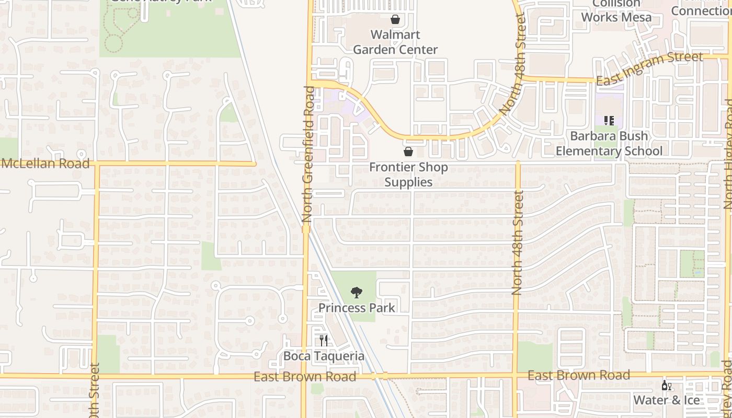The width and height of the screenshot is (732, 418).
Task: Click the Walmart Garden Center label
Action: [x=395, y=42]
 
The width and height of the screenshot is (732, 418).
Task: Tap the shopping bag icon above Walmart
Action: [x=395, y=20]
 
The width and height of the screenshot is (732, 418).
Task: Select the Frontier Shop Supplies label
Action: [x=408, y=175]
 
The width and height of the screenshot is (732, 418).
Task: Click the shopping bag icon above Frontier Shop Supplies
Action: [x=408, y=152]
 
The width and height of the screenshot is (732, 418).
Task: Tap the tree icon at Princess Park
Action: [x=357, y=293]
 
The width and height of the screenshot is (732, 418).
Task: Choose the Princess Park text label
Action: [x=357, y=307]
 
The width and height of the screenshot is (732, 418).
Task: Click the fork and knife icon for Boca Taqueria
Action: [x=324, y=341]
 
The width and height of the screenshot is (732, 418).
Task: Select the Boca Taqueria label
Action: [x=324, y=356]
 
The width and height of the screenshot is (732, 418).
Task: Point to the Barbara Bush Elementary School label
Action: [x=609, y=144]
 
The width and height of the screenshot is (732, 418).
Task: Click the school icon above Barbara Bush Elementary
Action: [x=609, y=121]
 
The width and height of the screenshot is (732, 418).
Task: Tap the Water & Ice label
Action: [x=666, y=400]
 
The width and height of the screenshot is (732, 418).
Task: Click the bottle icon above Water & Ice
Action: [x=666, y=386]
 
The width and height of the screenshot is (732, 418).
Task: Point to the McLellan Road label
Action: [x=45, y=164]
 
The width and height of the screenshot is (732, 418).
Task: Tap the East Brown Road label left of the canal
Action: [x=305, y=377]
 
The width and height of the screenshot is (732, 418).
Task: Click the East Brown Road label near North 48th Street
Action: [x=578, y=375]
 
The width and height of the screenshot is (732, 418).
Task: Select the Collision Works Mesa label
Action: [x=616, y=10]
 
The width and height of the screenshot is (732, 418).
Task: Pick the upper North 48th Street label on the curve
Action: [x=513, y=65]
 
